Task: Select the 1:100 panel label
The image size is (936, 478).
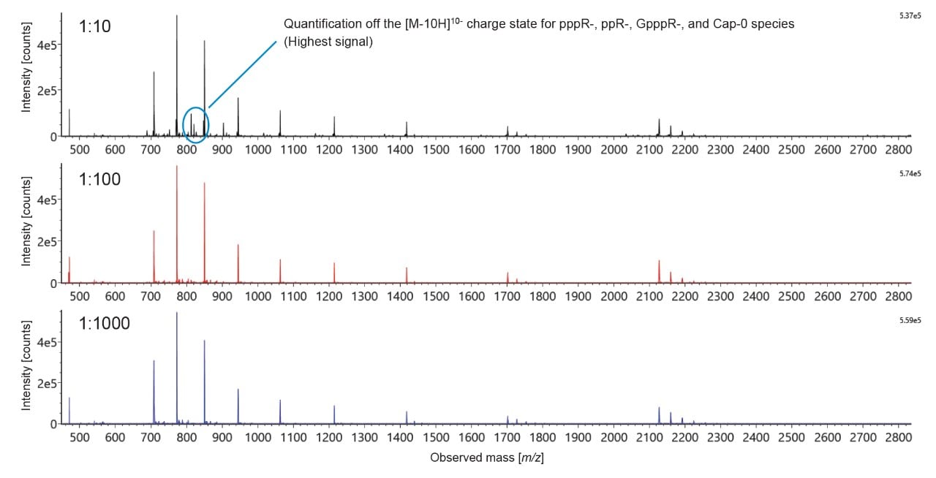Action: pos(102,178)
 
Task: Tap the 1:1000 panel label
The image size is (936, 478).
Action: pos(105,322)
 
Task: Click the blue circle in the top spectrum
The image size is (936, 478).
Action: pos(195,124)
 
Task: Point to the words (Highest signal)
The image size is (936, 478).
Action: pos(328,42)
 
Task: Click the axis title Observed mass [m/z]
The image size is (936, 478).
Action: pos(487,458)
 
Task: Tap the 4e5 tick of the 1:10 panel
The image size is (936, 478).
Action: pos(48,45)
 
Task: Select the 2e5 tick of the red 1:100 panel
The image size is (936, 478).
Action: pos(48,242)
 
